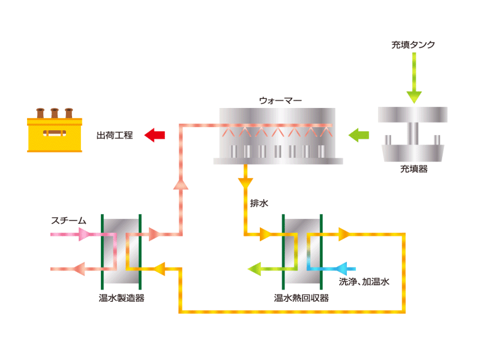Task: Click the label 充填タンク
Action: pyautogui.click(x=413, y=44)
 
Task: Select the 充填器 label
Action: pyautogui.click(x=414, y=169)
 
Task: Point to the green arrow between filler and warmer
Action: pyautogui.click(x=359, y=134)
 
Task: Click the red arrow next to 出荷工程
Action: pyautogui.click(x=155, y=135)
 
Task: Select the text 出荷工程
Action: pyautogui.click(x=116, y=135)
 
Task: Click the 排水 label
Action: pyautogui.click(x=259, y=203)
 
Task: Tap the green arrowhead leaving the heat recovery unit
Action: pyautogui.click(x=256, y=268)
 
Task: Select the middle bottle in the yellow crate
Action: pyautogui.click(x=55, y=112)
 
